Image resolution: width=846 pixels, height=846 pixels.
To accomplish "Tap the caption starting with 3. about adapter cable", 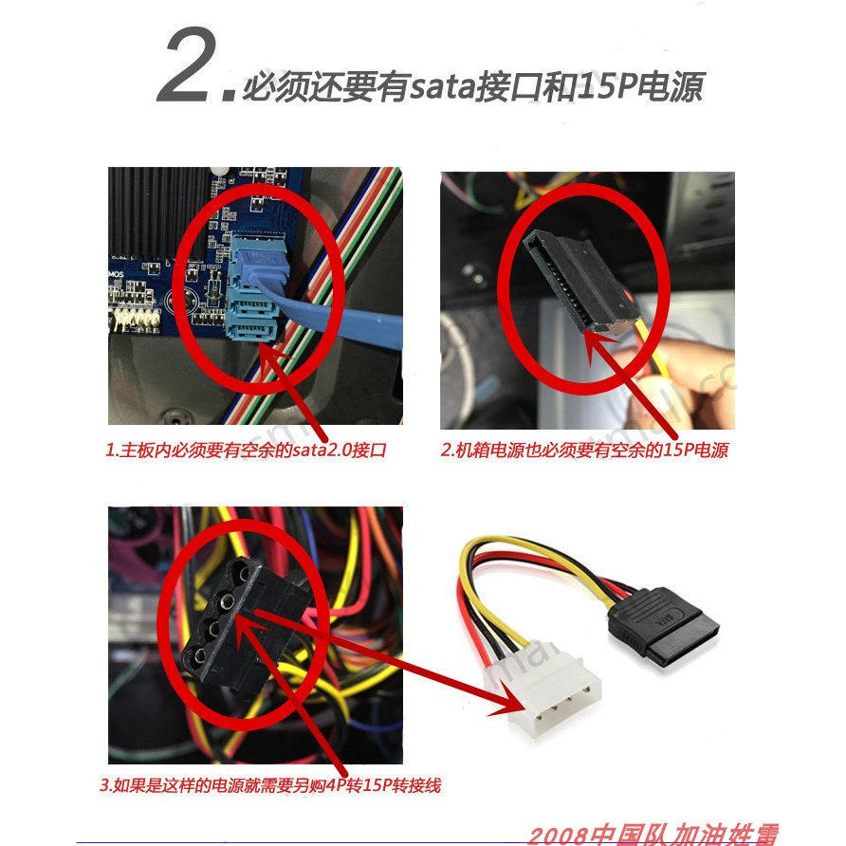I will [x=271, y=785].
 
